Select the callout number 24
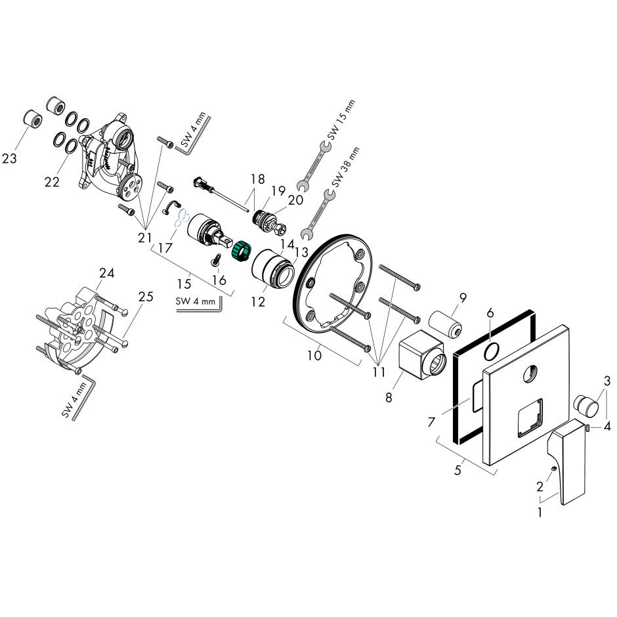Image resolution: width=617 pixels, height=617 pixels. point(106,272)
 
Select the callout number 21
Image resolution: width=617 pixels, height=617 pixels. point(145,238)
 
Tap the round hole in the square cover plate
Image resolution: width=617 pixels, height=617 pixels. point(529,377)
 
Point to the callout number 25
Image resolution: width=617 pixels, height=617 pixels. point(146,297)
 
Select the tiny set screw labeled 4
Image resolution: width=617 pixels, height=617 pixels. point(589,428)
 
